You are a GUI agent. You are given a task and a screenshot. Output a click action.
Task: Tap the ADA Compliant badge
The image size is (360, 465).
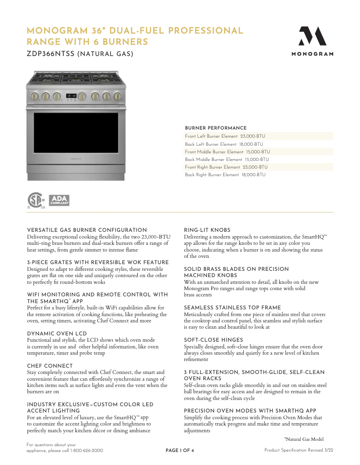tap(59, 200)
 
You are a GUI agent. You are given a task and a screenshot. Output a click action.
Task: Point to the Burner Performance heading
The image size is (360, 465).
tap(215, 128)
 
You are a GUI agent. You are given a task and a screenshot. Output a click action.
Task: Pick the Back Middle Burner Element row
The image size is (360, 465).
tap(227, 160)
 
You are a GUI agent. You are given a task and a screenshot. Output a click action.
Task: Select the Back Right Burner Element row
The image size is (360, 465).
tap(225, 175)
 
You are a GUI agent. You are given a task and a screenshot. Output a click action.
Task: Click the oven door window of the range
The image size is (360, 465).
tap(75, 133)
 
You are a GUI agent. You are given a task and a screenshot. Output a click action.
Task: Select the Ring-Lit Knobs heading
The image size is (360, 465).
tap(207, 230)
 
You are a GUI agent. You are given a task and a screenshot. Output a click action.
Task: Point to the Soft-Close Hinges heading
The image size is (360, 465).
tap(214, 340)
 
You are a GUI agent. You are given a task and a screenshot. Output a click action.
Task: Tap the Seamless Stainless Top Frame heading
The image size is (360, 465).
tap(233, 308)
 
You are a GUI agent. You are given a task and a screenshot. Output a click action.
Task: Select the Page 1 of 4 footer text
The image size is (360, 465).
tap(180, 451)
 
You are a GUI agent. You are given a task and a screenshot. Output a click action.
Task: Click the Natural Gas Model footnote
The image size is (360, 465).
tap(304, 439)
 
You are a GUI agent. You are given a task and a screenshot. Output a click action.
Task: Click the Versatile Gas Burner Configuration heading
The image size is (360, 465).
tap(87, 230)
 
